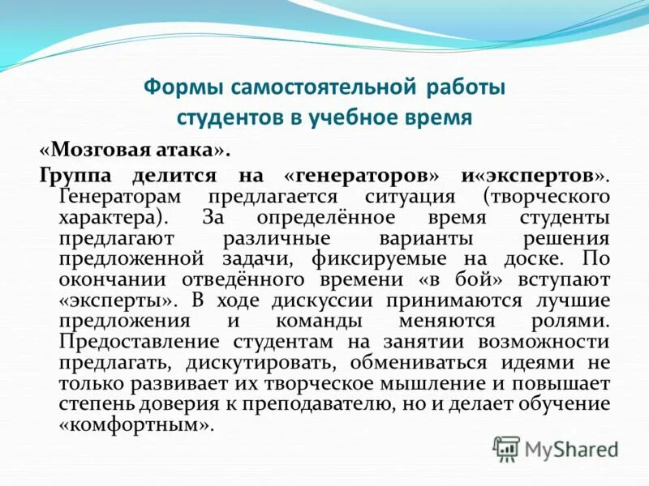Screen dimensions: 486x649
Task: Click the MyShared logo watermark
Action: click(557, 448)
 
